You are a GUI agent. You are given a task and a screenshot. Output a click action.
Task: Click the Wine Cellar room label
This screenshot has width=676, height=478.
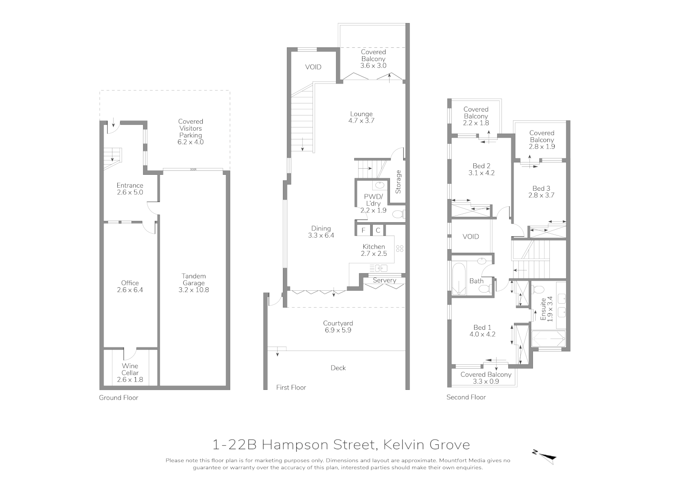click(x=130, y=373)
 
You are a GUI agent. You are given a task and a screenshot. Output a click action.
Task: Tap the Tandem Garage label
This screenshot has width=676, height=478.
click(x=193, y=283)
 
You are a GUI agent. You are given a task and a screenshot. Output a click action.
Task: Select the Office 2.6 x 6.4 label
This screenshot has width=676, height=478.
click(x=130, y=286)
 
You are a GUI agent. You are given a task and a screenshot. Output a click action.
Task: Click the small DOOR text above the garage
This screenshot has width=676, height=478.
click(x=193, y=170)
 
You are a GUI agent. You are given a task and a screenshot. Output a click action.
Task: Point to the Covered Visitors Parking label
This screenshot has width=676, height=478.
click(x=190, y=131)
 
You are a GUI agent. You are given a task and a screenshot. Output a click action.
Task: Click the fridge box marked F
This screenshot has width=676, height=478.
click(x=363, y=230)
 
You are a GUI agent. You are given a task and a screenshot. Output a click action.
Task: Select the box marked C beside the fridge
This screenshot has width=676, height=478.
click(x=378, y=230)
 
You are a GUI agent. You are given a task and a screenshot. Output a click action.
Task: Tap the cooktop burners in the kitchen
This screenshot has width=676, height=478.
click(x=400, y=248)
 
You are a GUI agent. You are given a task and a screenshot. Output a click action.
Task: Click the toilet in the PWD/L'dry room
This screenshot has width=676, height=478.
click(x=398, y=215)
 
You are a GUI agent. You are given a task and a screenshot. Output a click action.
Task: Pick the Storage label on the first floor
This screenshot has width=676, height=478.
click(x=398, y=182)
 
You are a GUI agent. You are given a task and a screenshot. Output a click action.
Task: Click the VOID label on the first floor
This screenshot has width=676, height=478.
click(x=313, y=67)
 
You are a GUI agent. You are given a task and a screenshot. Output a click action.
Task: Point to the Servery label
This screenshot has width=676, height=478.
click(x=384, y=280)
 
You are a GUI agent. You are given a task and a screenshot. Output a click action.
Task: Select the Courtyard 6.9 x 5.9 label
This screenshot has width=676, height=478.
click(x=338, y=327)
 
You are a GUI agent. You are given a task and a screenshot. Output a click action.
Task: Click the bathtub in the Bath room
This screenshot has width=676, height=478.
click(x=458, y=279)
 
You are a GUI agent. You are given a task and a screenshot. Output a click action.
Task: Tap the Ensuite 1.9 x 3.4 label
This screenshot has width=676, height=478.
click(x=546, y=309)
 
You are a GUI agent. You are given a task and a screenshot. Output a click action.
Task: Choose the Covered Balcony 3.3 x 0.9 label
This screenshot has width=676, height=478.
click(x=486, y=378)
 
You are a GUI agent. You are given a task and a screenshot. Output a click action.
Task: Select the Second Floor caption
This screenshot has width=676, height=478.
click(x=466, y=397)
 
